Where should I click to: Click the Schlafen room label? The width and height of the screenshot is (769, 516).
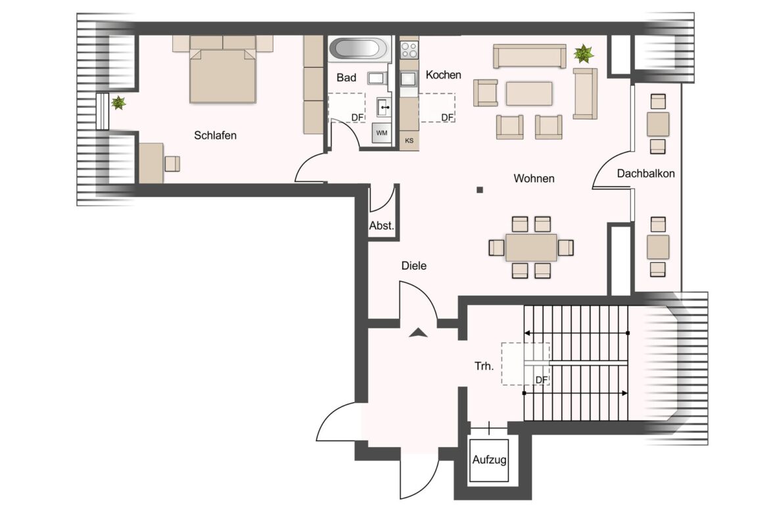(x=216, y=135)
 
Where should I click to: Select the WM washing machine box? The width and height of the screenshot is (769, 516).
(x=382, y=133)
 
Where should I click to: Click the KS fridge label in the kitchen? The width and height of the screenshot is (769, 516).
(x=409, y=141)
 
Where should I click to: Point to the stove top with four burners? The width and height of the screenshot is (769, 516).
(x=409, y=49)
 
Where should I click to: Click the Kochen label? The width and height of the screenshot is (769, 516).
(x=444, y=75)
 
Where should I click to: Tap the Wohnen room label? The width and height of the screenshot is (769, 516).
(x=534, y=179)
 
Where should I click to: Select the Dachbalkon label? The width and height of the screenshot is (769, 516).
(x=645, y=174)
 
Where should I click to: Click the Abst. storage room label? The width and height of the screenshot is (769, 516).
(x=382, y=225)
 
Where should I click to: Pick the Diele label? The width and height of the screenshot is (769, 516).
(x=414, y=266)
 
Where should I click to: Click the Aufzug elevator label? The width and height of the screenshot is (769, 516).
(x=489, y=460)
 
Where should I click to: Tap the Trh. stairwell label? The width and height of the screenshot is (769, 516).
(x=484, y=366)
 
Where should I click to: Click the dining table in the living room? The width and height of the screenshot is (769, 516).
(x=531, y=248)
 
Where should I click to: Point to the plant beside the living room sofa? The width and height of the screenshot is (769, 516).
(x=584, y=53)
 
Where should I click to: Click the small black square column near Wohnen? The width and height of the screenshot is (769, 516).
(x=480, y=190)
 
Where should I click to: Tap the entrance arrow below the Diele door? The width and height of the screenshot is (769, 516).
(x=418, y=333)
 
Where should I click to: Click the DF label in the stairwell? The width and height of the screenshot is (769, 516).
(x=542, y=380)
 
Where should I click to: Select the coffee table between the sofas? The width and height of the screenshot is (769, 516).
(x=529, y=93)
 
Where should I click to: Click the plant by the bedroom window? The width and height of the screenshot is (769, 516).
(x=118, y=103)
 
